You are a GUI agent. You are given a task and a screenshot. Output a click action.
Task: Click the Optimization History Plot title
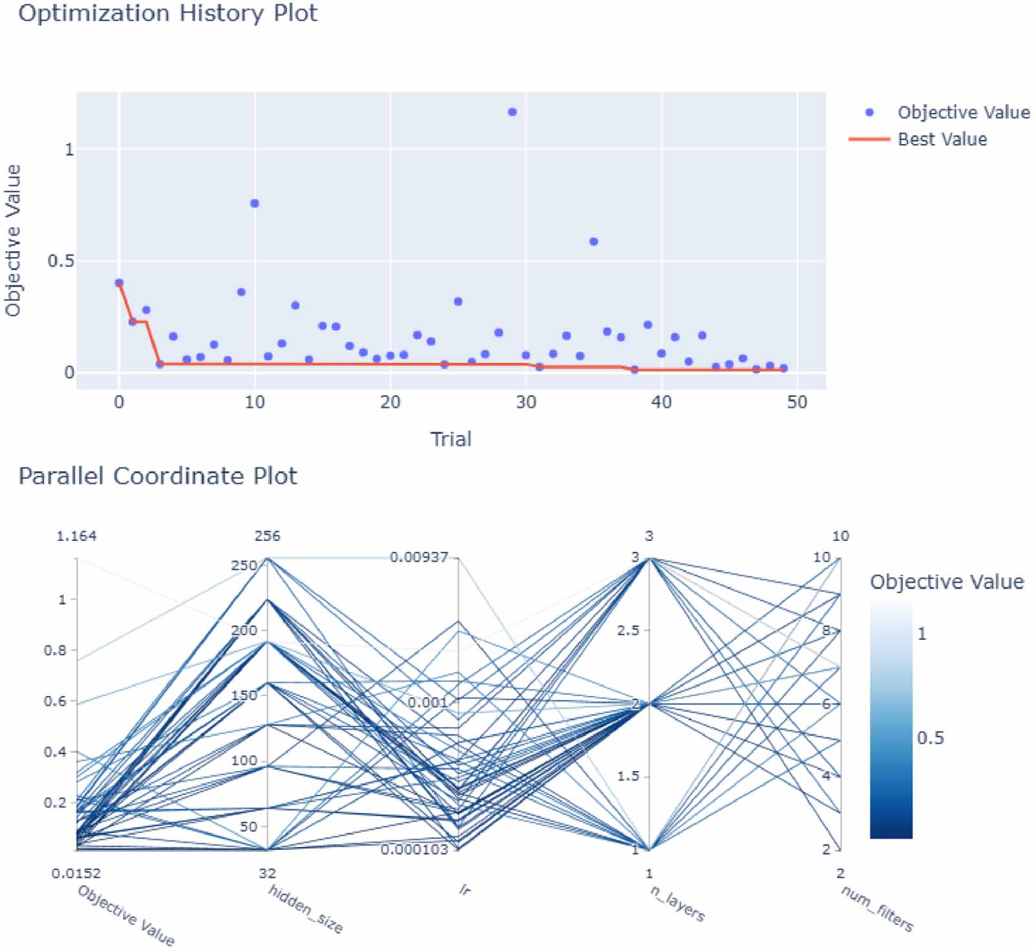(x=167, y=13)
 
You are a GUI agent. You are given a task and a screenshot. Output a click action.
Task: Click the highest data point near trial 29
(x=512, y=112)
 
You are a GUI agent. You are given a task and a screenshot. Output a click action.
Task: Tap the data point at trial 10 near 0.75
(x=255, y=204)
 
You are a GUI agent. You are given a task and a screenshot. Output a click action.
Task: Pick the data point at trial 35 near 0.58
(x=594, y=242)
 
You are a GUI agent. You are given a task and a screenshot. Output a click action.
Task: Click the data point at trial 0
(x=119, y=282)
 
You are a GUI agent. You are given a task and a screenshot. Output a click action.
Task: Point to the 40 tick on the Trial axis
(x=661, y=402)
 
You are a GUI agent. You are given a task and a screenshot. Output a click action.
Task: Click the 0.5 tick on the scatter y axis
(x=60, y=261)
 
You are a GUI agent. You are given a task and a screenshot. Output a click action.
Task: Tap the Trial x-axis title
(x=450, y=439)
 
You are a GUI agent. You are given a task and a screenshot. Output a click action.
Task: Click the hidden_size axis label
(x=305, y=909)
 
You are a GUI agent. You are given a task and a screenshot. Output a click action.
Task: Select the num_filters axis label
(x=877, y=909)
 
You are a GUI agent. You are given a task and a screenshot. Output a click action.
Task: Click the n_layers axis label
(x=677, y=903)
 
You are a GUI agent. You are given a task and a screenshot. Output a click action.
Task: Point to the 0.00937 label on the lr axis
(x=419, y=557)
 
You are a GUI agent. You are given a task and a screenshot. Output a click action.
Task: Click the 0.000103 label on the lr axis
(x=414, y=849)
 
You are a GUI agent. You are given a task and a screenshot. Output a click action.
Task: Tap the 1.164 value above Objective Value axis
(x=76, y=536)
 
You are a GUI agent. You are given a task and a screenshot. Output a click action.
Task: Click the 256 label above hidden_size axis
(x=268, y=536)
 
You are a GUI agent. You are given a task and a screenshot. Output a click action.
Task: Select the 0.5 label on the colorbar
(x=930, y=738)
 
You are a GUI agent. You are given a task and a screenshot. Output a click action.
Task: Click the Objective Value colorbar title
(x=947, y=582)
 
